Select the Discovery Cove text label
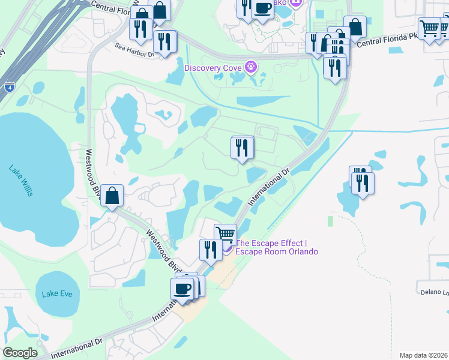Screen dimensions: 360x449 point(212,67)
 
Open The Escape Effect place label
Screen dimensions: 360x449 point(276,247)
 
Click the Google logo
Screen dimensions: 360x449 point(20,353)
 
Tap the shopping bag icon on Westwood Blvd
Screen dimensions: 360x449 point(112,195)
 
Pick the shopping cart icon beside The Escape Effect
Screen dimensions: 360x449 point(225,233)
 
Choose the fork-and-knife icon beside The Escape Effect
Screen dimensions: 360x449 point(210,248)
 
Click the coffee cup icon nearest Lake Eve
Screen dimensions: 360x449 point(182,287)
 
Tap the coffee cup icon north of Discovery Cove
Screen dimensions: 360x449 point(262,8)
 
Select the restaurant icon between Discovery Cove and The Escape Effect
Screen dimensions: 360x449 point(242,147)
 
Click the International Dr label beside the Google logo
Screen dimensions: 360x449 point(77,347)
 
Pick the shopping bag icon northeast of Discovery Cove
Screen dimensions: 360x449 point(355,26)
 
